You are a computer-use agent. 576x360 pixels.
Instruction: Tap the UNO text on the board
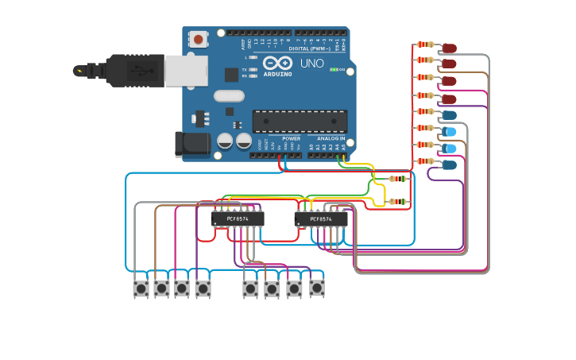pyautogui.click(x=311, y=64)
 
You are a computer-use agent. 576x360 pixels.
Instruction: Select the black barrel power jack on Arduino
pyautogui.click(x=193, y=144)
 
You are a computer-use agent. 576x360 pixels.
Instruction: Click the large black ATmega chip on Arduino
pyautogui.click(x=300, y=121)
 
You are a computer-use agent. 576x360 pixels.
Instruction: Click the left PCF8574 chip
pyautogui.click(x=238, y=218)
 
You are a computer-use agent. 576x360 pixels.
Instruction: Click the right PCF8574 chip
pyautogui.click(x=321, y=218)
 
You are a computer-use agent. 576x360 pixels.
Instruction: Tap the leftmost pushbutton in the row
pyautogui.click(x=141, y=288)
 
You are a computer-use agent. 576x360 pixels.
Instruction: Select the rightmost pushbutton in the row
pyautogui.click(x=317, y=288)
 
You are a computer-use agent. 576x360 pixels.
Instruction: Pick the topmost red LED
pyautogui.click(x=449, y=48)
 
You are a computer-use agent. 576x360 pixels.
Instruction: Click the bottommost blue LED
pyautogui.click(x=449, y=165)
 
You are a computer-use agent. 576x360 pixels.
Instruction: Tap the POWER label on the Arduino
pyautogui.click(x=291, y=138)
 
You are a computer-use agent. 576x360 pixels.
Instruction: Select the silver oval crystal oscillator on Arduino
pyautogui.click(x=229, y=96)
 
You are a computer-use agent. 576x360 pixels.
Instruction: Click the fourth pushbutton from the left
pyautogui.click(x=203, y=288)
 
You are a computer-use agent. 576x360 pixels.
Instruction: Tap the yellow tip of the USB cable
pyautogui.click(x=79, y=71)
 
